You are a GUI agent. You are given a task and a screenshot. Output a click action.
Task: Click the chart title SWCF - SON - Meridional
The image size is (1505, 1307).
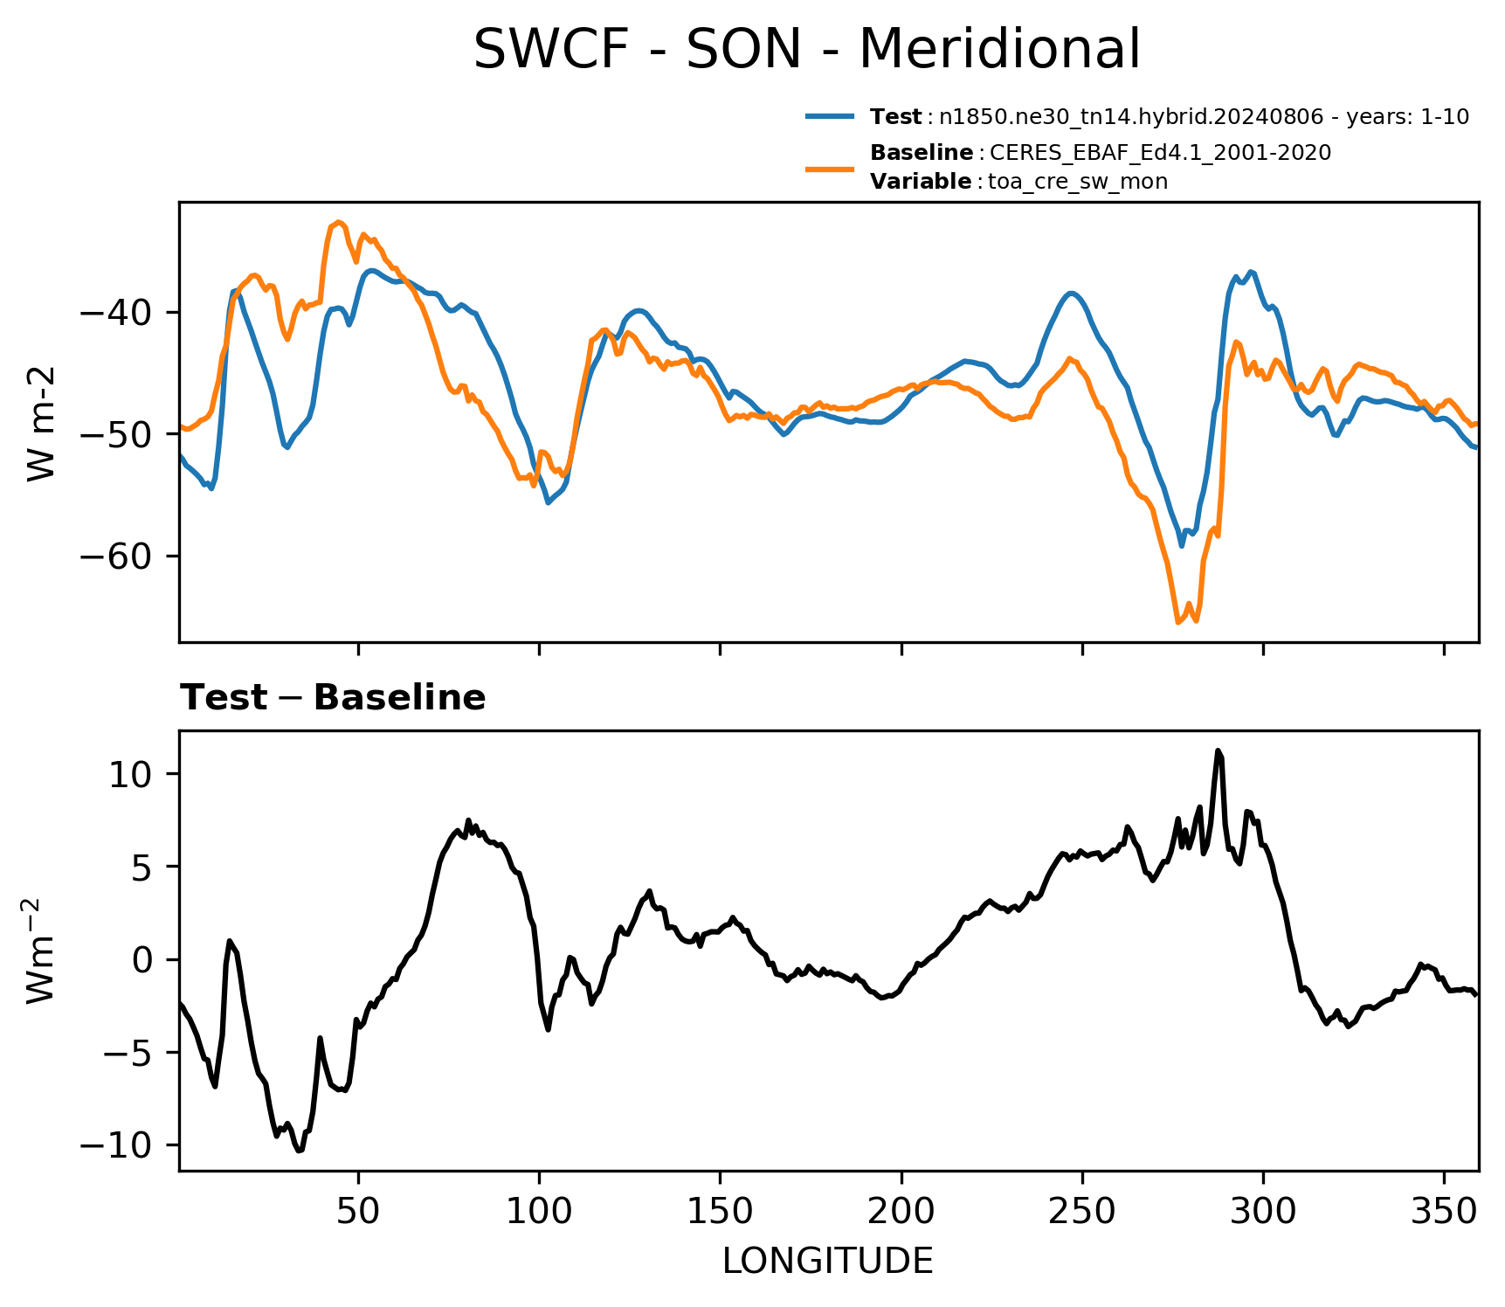[x=806, y=49]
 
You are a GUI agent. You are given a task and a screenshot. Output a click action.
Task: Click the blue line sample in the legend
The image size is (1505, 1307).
[x=830, y=116]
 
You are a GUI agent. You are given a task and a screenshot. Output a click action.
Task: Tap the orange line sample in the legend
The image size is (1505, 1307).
[x=830, y=168]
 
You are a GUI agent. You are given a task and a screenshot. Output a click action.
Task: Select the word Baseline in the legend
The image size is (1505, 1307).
[x=922, y=153]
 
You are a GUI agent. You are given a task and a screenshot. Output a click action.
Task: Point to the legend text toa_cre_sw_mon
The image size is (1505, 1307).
[x=1078, y=182]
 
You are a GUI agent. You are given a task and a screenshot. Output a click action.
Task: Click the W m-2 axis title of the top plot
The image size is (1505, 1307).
[x=42, y=423]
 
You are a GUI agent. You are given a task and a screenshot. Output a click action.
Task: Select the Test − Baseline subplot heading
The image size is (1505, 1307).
[x=333, y=698]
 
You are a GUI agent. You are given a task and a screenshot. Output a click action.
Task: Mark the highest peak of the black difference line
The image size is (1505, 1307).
[x=1218, y=750]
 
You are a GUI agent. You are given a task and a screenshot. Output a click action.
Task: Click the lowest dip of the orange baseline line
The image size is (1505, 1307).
[x=1177, y=622]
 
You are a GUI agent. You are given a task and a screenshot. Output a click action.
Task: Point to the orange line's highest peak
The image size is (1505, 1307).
[x=339, y=222]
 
